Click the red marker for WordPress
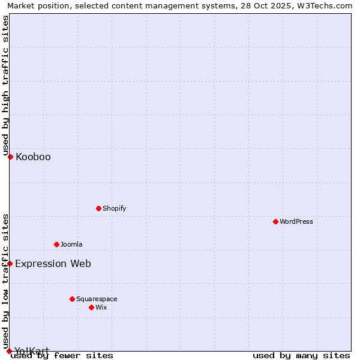tap(275, 221)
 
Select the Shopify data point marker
tap(98, 208)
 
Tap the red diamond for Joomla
tap(56, 244)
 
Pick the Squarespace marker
tap(72, 299)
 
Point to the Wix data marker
tap(91, 307)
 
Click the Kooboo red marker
tap(10, 157)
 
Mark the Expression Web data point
tap(10, 263)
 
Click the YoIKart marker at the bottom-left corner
tap(9, 351)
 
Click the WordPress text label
tap(296, 221)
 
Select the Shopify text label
tap(114, 208)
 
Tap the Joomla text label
tap(71, 244)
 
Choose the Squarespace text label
tap(97, 299)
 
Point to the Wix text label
tap(101, 307)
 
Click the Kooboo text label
tap(33, 157)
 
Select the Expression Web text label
tap(53, 264)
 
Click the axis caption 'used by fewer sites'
tap(62, 356)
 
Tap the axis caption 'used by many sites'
tap(301, 356)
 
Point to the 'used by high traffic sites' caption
tap(5, 85)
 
